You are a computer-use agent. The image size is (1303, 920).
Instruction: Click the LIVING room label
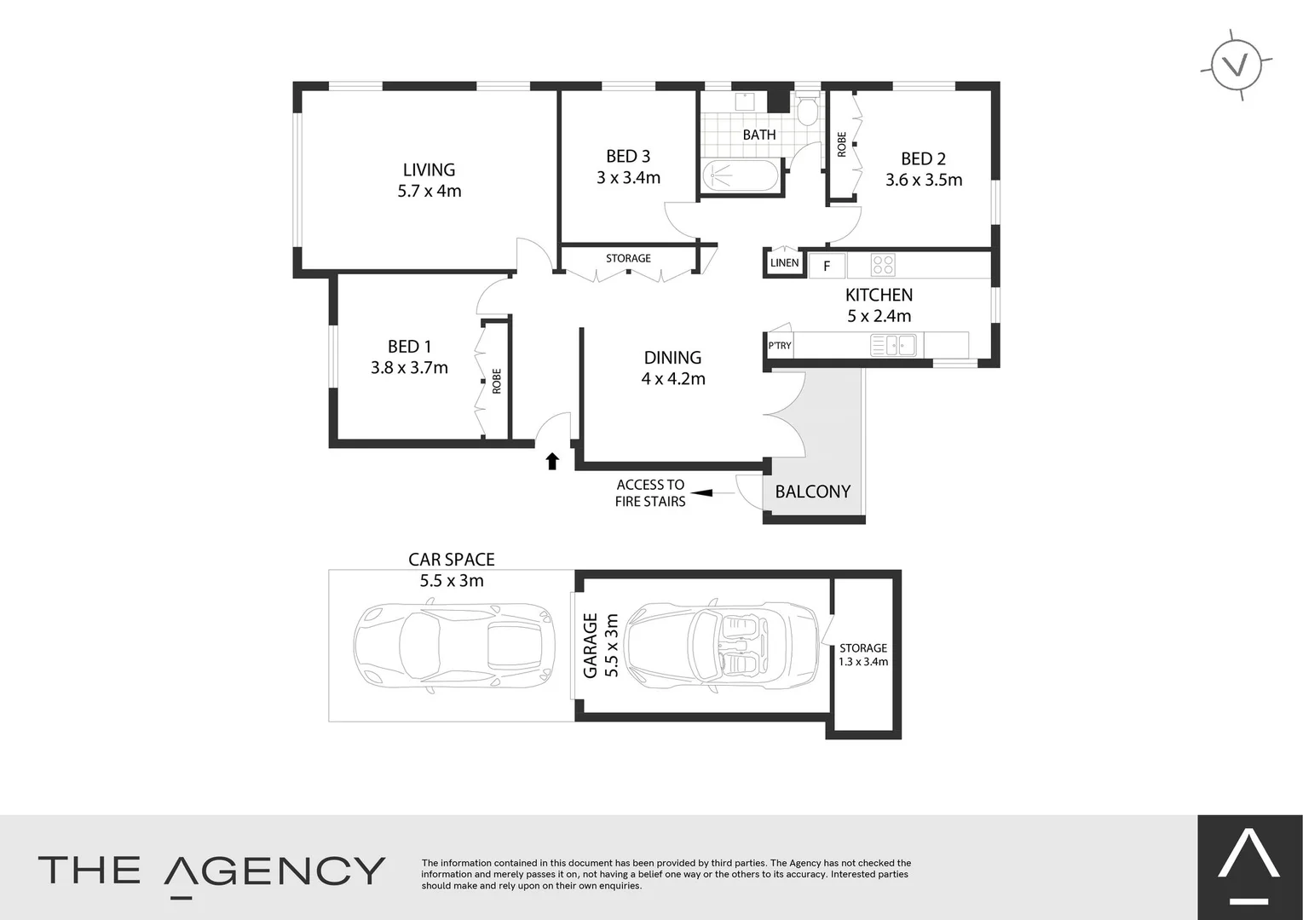tap(429, 170)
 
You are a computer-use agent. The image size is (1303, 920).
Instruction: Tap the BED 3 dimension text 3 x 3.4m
tap(628, 178)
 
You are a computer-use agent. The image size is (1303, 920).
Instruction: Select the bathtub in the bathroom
tap(740, 176)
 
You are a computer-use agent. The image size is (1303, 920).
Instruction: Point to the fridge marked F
tap(826, 266)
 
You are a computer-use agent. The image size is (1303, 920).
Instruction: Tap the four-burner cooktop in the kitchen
tap(883, 265)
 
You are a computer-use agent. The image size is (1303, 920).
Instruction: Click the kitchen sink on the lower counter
tap(893, 345)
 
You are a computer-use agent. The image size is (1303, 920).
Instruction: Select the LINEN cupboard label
tap(784, 262)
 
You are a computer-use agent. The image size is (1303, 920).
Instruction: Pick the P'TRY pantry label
tap(779, 346)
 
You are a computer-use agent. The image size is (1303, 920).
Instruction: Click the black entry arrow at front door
tap(552, 461)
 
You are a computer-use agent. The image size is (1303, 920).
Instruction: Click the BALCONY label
tap(812, 492)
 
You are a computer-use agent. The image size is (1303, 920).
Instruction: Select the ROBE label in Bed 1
tap(496, 381)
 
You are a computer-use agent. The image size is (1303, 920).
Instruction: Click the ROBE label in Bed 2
tap(841, 144)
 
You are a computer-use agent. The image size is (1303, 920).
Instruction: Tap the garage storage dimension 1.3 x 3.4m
tap(863, 662)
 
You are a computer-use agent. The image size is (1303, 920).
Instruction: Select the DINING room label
tap(672, 358)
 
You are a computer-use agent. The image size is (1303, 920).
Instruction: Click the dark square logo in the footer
tap(1249, 867)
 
